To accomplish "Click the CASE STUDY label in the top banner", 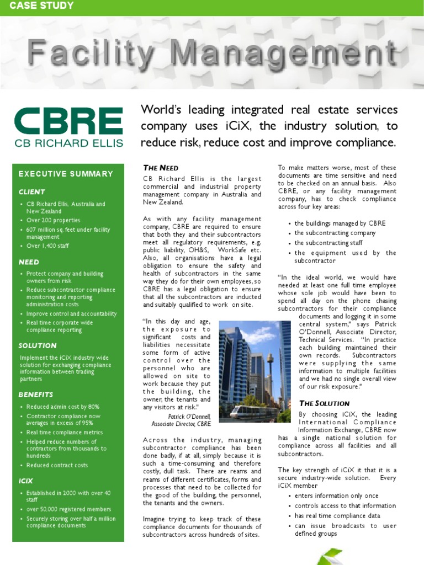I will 42,6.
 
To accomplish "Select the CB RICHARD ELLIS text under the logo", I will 68,143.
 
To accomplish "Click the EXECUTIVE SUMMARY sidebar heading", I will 66,174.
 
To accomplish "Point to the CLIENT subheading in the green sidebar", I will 32,192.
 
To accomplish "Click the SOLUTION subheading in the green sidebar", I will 38,345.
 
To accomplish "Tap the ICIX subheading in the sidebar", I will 26,481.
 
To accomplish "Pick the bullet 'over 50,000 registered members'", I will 68,509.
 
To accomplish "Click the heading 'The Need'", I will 161,168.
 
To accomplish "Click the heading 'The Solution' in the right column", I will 324,403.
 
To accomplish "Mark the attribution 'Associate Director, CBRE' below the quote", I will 181,424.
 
